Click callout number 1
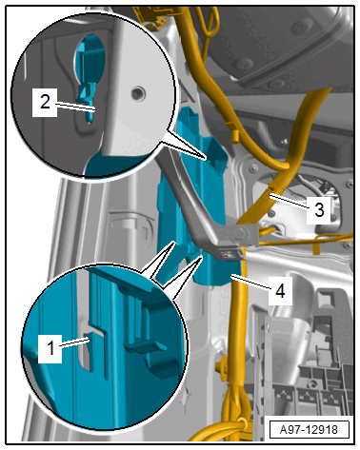(x=50, y=348)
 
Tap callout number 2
(x=45, y=102)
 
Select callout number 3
(x=319, y=209)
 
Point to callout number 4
(x=280, y=291)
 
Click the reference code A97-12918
(x=309, y=430)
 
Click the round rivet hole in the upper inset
(x=138, y=93)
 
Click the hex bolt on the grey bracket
(x=238, y=234)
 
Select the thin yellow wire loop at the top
(x=208, y=21)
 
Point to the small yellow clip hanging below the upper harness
(x=235, y=136)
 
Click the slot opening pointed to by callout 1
(x=87, y=351)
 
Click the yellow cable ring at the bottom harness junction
(x=240, y=424)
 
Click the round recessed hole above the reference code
(x=312, y=384)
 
